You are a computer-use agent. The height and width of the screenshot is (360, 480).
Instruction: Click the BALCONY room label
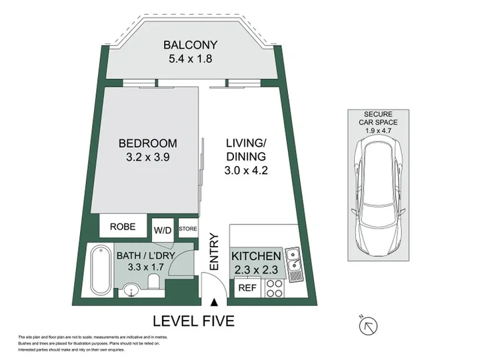(x=190, y=45)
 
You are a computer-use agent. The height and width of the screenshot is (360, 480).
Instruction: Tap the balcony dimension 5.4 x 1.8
(x=190, y=59)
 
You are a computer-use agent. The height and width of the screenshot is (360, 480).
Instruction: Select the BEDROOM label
(x=148, y=143)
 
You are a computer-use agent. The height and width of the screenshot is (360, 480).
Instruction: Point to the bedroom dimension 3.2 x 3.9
(x=148, y=157)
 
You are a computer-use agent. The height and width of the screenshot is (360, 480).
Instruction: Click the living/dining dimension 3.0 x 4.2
(x=246, y=170)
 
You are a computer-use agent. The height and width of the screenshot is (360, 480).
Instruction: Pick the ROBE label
(x=123, y=227)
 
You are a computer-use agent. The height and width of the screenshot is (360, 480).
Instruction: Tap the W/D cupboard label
(x=163, y=230)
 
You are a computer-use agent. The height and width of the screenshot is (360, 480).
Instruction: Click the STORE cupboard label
(x=188, y=229)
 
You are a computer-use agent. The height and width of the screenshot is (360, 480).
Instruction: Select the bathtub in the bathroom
(x=101, y=271)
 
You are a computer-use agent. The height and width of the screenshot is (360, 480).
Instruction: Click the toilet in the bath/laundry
(x=153, y=281)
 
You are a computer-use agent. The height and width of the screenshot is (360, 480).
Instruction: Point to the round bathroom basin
(x=131, y=290)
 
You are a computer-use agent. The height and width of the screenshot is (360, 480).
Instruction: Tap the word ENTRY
(x=214, y=252)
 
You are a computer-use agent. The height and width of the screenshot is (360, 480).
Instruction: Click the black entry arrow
(x=215, y=303)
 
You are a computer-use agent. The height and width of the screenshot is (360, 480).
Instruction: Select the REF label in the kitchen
(x=247, y=288)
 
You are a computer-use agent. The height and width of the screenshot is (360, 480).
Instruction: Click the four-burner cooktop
(x=275, y=288)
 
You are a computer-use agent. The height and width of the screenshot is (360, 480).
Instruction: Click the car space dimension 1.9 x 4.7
(x=379, y=131)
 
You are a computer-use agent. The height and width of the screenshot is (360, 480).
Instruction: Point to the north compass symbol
(x=368, y=326)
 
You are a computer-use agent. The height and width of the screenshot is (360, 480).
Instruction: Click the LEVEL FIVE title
(x=193, y=321)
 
